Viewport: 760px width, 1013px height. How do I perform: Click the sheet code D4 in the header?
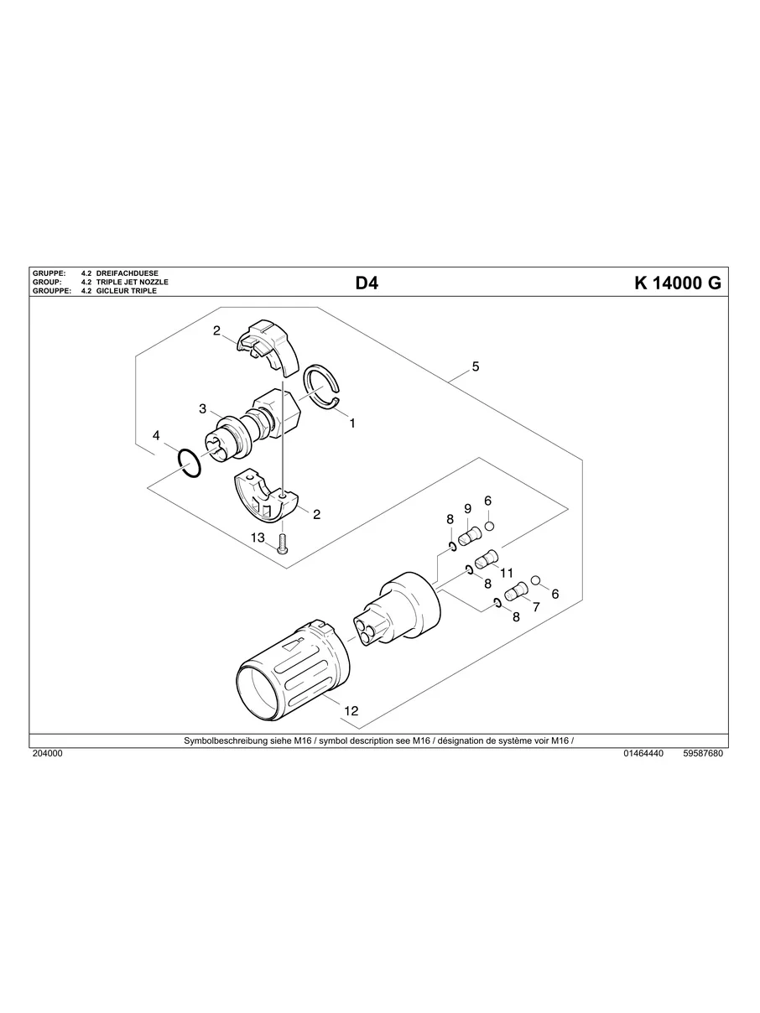click(x=367, y=283)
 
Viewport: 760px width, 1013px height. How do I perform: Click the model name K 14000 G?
click(x=678, y=283)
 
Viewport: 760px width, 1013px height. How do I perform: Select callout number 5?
click(x=476, y=366)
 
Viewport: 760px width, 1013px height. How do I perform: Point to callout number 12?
click(x=351, y=710)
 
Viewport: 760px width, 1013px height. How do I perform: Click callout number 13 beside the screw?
click(x=257, y=537)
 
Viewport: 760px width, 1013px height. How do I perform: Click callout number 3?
click(x=203, y=408)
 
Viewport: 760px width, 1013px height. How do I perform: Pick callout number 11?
click(x=506, y=572)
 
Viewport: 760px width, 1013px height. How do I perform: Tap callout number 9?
click(x=467, y=508)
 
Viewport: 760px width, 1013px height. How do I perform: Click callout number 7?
click(x=535, y=606)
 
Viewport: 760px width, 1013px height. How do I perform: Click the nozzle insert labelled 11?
click(x=487, y=558)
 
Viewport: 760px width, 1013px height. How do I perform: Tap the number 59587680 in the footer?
click(x=703, y=754)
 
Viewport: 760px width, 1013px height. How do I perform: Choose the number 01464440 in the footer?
click(x=643, y=754)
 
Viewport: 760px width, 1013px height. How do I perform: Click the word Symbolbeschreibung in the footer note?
click(x=226, y=741)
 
